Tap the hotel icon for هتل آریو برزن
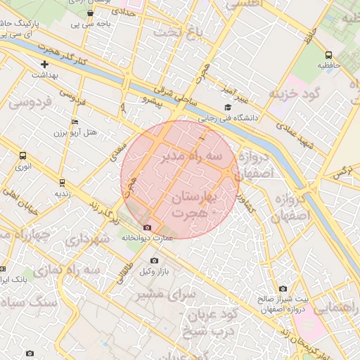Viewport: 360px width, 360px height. [x=75, y=122]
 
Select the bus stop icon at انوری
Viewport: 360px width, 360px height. [x=23, y=156]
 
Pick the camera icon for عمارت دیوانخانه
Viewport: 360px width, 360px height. [x=147, y=227]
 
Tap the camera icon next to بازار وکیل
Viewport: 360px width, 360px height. [x=154, y=261]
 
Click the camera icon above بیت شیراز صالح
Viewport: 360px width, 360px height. [x=283, y=288]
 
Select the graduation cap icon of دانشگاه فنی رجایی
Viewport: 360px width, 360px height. [x=226, y=107]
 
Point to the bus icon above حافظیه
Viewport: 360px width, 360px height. [x=328, y=55]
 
